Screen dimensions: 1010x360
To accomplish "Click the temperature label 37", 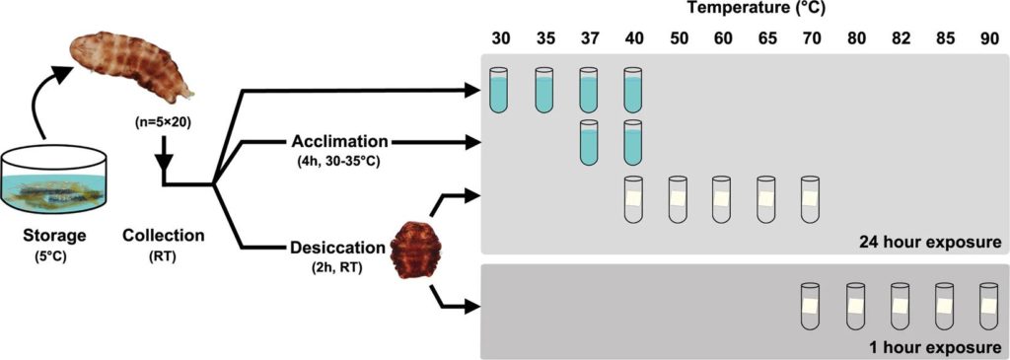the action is click(589, 38).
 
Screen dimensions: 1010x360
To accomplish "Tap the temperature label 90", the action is click(989, 38).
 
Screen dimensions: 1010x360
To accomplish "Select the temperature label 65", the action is click(766, 38).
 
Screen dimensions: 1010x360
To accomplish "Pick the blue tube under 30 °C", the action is click(499, 90).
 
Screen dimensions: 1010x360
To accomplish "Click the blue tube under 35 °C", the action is click(544, 90).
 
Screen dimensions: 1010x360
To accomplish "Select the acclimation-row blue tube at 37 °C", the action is click(590, 142).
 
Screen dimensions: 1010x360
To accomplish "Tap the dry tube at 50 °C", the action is click(679, 199).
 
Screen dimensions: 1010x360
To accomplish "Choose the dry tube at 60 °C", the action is click(722, 199).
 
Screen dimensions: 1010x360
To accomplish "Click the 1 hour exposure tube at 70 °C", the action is click(811, 305).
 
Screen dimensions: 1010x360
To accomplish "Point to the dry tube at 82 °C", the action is click(900, 305).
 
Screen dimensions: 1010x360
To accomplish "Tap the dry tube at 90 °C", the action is click(988, 305).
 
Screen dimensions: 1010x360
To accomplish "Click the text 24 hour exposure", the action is click(929, 243).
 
